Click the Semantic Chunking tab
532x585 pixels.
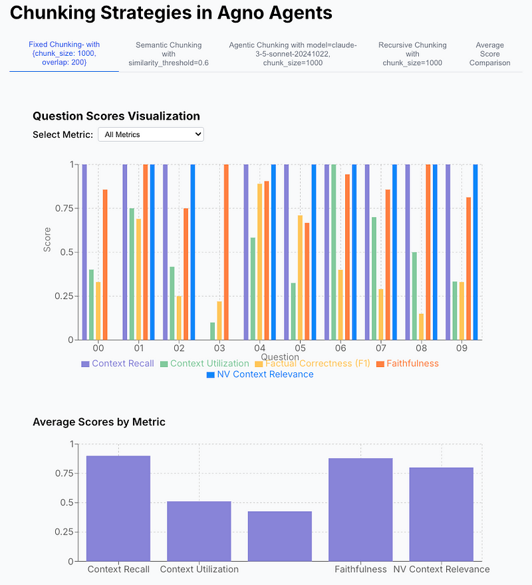(x=168, y=54)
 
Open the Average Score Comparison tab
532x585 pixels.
(x=489, y=54)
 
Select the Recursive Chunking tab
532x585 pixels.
(x=412, y=54)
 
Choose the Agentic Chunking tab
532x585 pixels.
(x=293, y=54)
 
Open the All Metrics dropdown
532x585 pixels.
(x=151, y=134)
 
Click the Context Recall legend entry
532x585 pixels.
(x=117, y=364)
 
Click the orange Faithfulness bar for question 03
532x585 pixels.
(x=226, y=252)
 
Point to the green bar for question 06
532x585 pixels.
(x=333, y=252)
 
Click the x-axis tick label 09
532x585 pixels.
(x=461, y=348)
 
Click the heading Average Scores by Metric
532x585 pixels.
(x=99, y=422)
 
